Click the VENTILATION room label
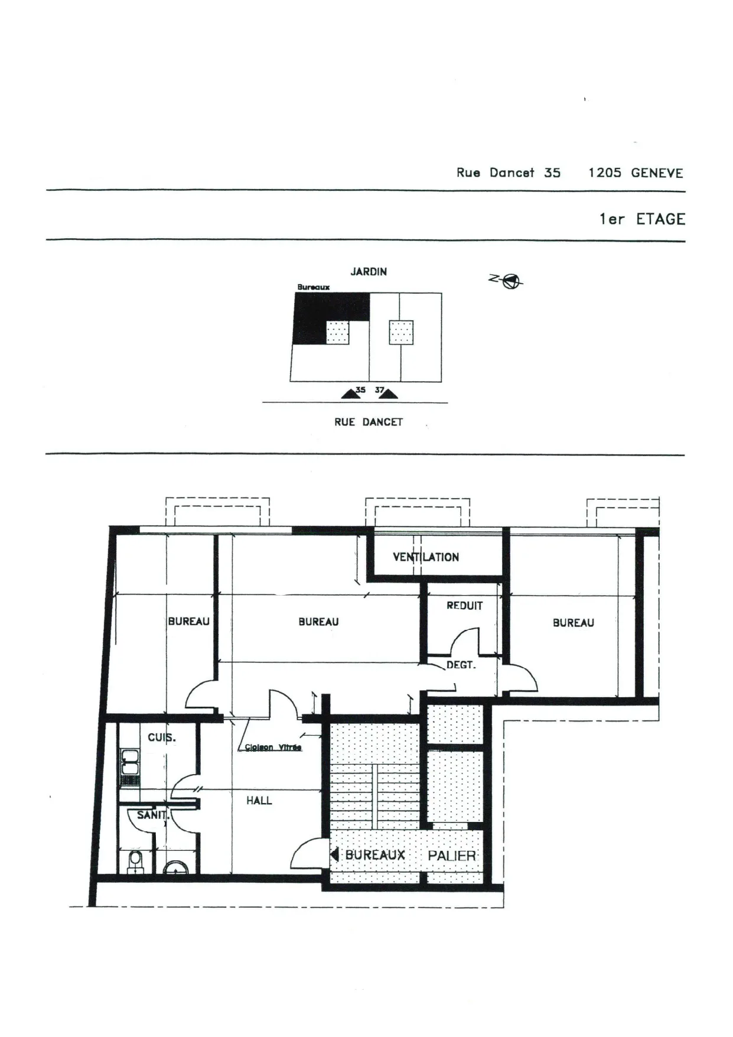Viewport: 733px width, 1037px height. coord(426,557)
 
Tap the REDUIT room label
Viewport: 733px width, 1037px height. coord(465,606)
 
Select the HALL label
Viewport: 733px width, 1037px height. coord(259,801)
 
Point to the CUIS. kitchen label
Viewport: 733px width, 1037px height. coord(162,737)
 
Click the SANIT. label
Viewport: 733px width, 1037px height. coord(153,815)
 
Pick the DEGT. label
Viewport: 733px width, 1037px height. coord(461,665)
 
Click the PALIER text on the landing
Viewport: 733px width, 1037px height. coord(452,855)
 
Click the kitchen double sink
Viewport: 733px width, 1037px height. coord(129,762)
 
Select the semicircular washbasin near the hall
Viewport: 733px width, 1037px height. coord(175,867)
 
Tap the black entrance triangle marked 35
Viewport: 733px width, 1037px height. coord(351,394)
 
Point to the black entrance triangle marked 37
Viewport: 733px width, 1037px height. coord(388,394)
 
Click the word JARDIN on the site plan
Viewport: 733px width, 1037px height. coord(369,272)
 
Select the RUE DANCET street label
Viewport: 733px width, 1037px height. coord(369,422)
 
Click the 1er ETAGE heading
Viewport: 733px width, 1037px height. coord(642,219)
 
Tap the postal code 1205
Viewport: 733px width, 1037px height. coord(605,173)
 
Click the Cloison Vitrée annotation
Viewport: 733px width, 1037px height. coord(273,747)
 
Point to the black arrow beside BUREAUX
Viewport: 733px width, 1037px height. coord(334,854)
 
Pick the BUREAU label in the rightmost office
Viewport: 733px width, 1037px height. coord(574,623)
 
